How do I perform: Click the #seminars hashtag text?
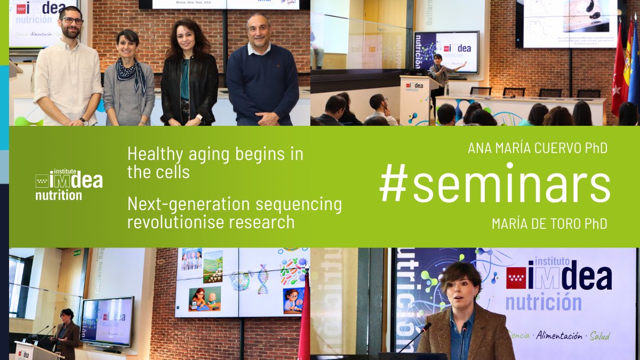coord(495,186)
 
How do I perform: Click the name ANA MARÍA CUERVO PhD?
coord(537,148)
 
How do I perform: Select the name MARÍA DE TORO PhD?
coord(549,224)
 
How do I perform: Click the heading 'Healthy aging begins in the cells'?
coord(215,163)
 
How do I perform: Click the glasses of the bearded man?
coord(71,21)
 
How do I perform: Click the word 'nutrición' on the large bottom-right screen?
coord(543,302)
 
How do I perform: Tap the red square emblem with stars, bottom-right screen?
coord(516,278)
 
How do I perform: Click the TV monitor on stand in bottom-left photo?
coord(107,321)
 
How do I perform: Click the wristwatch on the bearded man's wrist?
coord(84,121)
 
